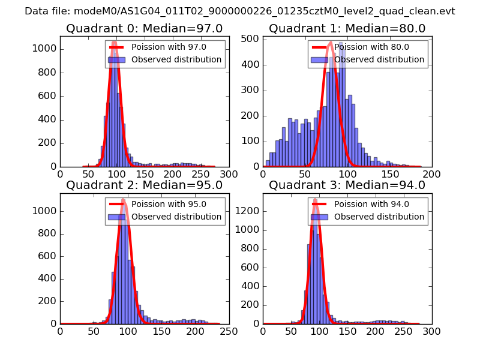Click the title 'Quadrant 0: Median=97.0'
(145, 29)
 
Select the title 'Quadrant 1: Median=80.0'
(347, 29)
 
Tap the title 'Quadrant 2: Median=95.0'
(145, 185)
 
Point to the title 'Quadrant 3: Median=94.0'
(347, 185)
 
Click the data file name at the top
(240, 11)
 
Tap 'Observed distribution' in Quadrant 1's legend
(379, 60)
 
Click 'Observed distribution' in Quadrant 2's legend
(176, 217)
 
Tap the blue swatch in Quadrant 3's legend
(321, 217)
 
